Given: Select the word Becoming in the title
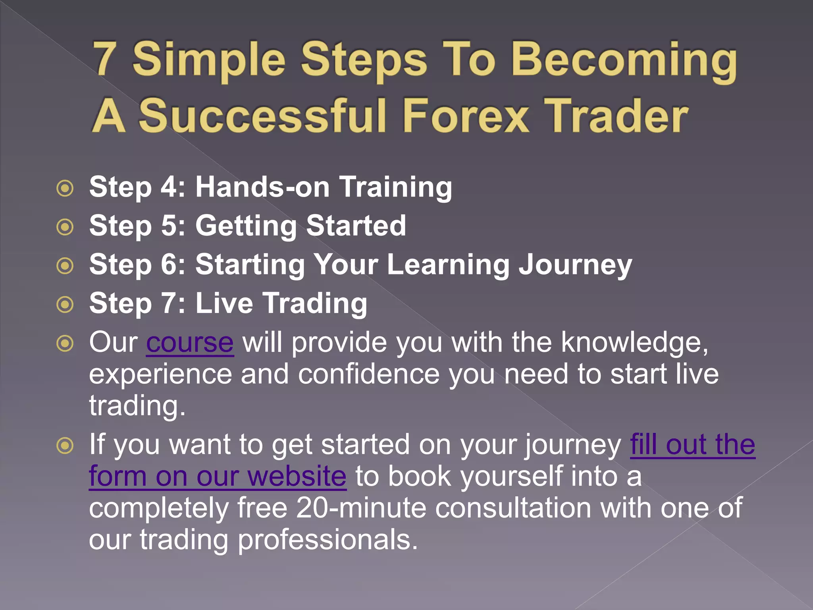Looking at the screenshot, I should (624, 60).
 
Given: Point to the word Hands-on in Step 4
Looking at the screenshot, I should (262, 186).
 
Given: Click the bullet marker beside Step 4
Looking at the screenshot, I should (65, 188).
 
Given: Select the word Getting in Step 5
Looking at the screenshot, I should (246, 226).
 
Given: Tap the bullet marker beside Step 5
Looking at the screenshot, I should (65, 227).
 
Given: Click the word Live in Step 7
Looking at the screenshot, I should (224, 303).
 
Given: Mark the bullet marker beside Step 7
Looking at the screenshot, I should (65, 305).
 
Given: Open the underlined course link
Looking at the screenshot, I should (190, 342).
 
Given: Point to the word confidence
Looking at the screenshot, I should (369, 374).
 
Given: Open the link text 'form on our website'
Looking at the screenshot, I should (218, 476).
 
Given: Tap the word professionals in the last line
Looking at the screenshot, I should (328, 540).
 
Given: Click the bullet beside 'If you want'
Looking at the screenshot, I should (65, 446).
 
